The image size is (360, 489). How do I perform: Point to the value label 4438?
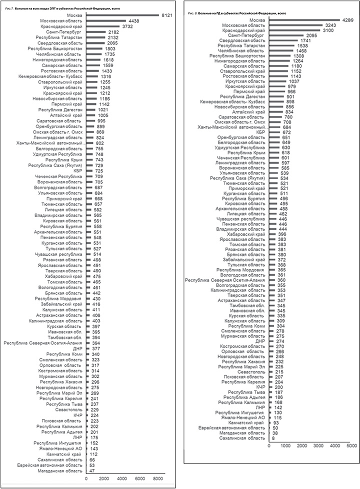pyautogui.click(x=133, y=21)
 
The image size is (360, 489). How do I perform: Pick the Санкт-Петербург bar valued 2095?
pyautogui.click(x=287, y=35)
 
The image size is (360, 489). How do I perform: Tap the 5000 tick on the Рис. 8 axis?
pyautogui.click(x=352, y=444)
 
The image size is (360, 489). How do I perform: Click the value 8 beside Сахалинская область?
pyautogui.click(x=273, y=438)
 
